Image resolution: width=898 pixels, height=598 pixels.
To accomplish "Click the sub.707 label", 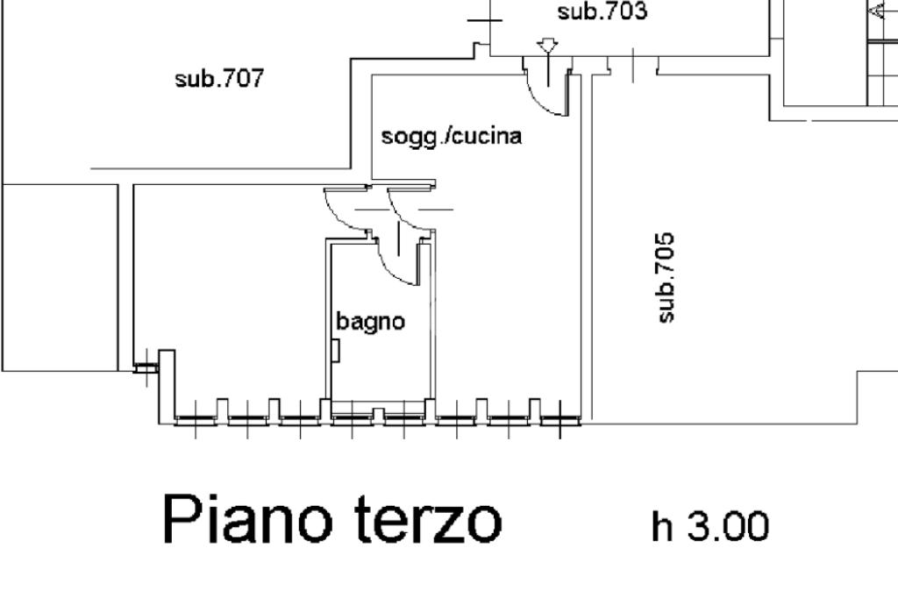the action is tap(219, 79).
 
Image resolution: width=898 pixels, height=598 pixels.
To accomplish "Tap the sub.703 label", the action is tap(602, 12).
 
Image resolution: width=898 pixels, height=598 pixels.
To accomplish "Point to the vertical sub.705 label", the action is tap(666, 276).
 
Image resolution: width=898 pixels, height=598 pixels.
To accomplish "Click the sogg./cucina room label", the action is tap(452, 137).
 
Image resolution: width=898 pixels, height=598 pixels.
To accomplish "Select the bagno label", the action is tap(371, 322).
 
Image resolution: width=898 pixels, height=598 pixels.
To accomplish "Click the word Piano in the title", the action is tap(248, 519).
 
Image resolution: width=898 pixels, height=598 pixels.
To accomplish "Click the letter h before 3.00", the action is tap(661, 526).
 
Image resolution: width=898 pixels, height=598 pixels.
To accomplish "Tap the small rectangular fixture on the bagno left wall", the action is tap(336, 350).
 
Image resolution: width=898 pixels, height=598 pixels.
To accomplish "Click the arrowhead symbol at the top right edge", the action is tap(876, 11).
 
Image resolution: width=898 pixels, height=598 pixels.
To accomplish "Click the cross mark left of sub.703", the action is tap(485, 18).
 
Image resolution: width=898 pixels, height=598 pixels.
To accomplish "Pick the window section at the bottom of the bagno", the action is tap(379, 413).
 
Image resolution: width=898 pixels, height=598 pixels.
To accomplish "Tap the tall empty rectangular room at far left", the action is tap(60, 277).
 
